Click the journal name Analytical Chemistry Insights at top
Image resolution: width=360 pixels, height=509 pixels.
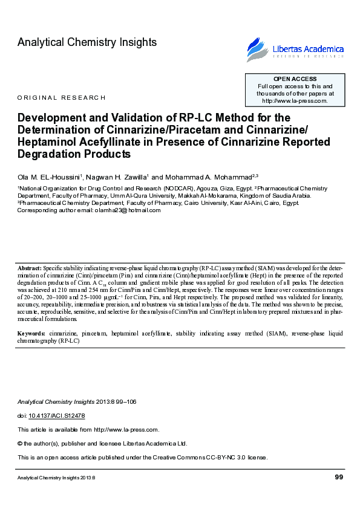87,42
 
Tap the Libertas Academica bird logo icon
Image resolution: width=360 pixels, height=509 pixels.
257,50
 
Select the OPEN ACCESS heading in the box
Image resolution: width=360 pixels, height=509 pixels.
295,79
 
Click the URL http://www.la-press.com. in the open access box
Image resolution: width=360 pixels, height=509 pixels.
295,101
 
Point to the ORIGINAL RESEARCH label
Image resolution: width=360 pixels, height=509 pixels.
62,97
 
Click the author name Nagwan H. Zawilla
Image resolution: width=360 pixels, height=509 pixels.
118,177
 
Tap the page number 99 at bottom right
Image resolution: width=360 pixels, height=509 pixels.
339,478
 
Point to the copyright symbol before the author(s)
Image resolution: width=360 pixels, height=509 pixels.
20,443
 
